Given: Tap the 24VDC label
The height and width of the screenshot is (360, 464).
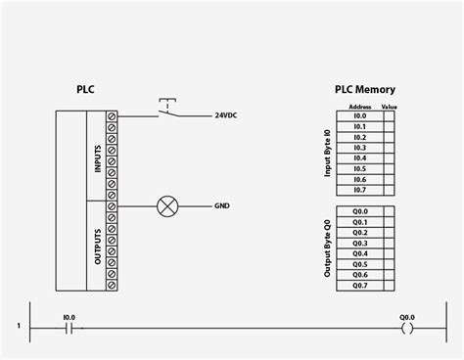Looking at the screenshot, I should [226, 115].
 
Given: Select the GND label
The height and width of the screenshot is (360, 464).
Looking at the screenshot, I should [222, 206].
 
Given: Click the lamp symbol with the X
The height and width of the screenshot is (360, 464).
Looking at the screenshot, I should [166, 206].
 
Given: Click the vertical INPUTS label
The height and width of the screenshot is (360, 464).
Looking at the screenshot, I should [97, 157].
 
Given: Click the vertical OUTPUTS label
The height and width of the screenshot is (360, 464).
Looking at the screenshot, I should [97, 246].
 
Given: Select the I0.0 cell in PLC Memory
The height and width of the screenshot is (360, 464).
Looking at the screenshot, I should [359, 115].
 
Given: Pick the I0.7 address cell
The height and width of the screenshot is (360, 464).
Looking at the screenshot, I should [359, 190].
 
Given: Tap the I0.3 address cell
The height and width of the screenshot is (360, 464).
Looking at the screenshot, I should [359, 148].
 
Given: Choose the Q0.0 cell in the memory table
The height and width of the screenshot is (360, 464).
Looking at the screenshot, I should [359, 211].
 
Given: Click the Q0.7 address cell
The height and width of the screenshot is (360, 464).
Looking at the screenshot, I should [359, 286].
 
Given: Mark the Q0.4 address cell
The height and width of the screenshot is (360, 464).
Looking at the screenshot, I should [359, 253].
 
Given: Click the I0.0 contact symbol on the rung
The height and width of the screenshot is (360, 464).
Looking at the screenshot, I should [69, 330].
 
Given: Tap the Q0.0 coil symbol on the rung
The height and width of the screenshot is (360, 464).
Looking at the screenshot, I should [406, 330].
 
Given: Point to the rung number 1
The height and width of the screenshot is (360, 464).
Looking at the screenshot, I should [19, 326].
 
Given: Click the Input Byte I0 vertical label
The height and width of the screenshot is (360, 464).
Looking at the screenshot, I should [328, 153].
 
